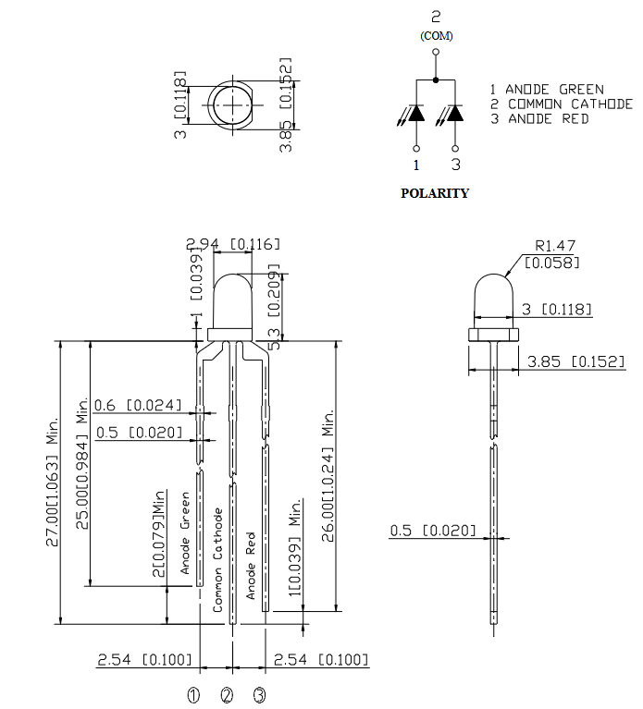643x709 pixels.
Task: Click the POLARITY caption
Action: click(x=434, y=193)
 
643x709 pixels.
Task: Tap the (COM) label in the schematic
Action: click(x=436, y=35)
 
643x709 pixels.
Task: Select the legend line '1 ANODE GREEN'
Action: click(x=547, y=90)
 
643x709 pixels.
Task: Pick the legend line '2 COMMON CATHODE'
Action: click(x=562, y=104)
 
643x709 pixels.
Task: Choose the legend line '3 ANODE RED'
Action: click(x=539, y=119)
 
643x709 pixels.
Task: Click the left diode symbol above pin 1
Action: click(x=416, y=113)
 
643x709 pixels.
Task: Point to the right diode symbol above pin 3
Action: click(x=455, y=113)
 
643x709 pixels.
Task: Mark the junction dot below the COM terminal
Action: click(x=436, y=80)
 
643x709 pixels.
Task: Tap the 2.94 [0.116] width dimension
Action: click(x=232, y=243)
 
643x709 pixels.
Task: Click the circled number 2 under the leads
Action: click(x=228, y=695)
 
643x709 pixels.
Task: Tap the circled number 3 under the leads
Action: click(x=260, y=695)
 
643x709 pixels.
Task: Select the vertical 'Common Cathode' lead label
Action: click(x=218, y=559)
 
